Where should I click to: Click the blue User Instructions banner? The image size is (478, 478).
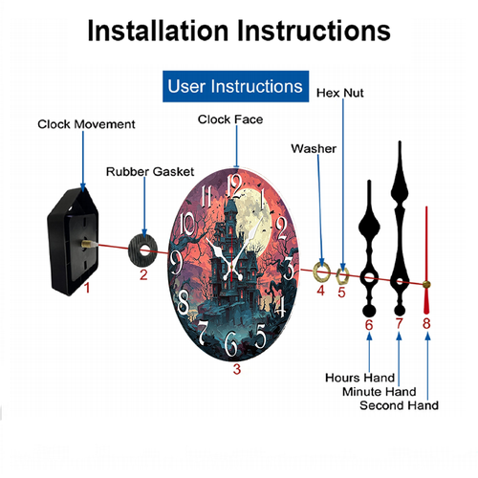tap(235, 86)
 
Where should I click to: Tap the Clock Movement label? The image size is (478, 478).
tap(86, 124)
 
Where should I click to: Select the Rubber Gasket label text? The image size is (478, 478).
tap(150, 171)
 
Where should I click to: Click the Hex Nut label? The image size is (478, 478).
tap(340, 93)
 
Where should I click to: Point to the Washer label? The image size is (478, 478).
tap(314, 148)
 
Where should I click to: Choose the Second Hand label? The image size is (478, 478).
tap(399, 405)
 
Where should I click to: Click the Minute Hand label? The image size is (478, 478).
tap(380, 391)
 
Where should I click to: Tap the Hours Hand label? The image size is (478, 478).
tap(359, 378)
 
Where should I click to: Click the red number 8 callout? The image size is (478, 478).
tap(426, 323)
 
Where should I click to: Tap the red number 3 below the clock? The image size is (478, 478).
tap(236, 369)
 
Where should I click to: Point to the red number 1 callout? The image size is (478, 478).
tap(87, 288)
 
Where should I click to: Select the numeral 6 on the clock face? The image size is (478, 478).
tap(231, 343)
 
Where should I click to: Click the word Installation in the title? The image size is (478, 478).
tap(158, 31)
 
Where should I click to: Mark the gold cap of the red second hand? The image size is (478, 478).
tap(426, 284)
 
